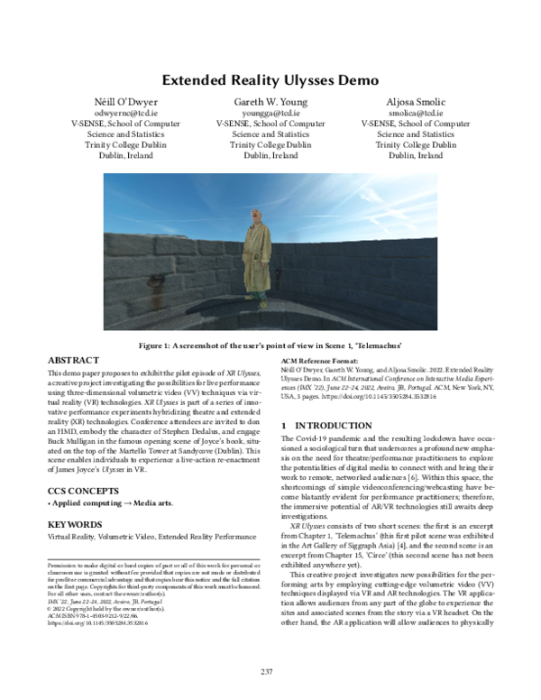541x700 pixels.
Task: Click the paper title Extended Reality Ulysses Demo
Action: click(x=270, y=79)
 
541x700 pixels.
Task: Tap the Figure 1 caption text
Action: click(x=270, y=345)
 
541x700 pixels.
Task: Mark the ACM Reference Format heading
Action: click(x=319, y=358)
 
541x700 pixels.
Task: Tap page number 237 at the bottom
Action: click(x=266, y=671)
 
